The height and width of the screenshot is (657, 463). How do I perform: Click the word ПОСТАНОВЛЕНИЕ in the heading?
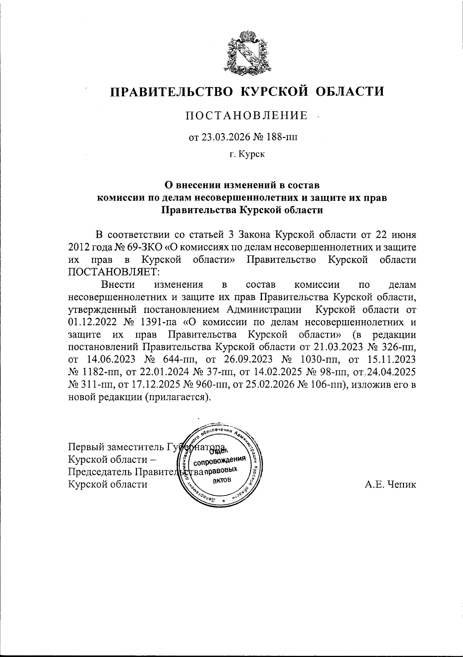247,116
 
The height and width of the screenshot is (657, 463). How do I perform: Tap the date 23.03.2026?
223,137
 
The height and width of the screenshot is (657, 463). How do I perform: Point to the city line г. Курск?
247,155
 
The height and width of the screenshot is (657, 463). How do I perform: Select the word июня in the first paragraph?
402,234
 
